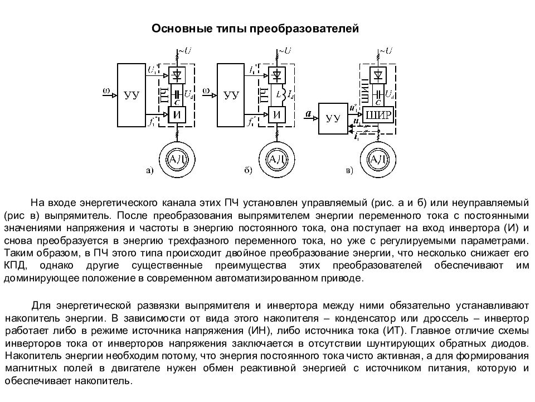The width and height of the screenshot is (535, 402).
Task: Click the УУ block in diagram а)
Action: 132,95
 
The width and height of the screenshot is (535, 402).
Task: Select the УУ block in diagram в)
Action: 333,118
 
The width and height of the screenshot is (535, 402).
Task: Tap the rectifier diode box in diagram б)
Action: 277,75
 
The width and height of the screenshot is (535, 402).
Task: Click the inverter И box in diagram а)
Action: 177,114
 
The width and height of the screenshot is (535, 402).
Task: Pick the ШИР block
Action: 378,115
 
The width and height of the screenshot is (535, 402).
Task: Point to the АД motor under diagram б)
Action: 277,159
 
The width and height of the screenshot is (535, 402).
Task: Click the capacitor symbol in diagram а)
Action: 177,94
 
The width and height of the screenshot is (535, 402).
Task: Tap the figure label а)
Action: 150,170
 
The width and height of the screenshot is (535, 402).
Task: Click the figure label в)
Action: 349,170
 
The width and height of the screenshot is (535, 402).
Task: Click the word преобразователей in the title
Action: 304,28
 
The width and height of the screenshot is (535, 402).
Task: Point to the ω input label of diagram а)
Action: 106,90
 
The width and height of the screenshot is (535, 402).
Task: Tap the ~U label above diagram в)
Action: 385,51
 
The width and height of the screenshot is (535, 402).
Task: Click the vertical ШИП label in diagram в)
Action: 365,91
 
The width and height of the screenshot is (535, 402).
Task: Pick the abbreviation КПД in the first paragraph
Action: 16,266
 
